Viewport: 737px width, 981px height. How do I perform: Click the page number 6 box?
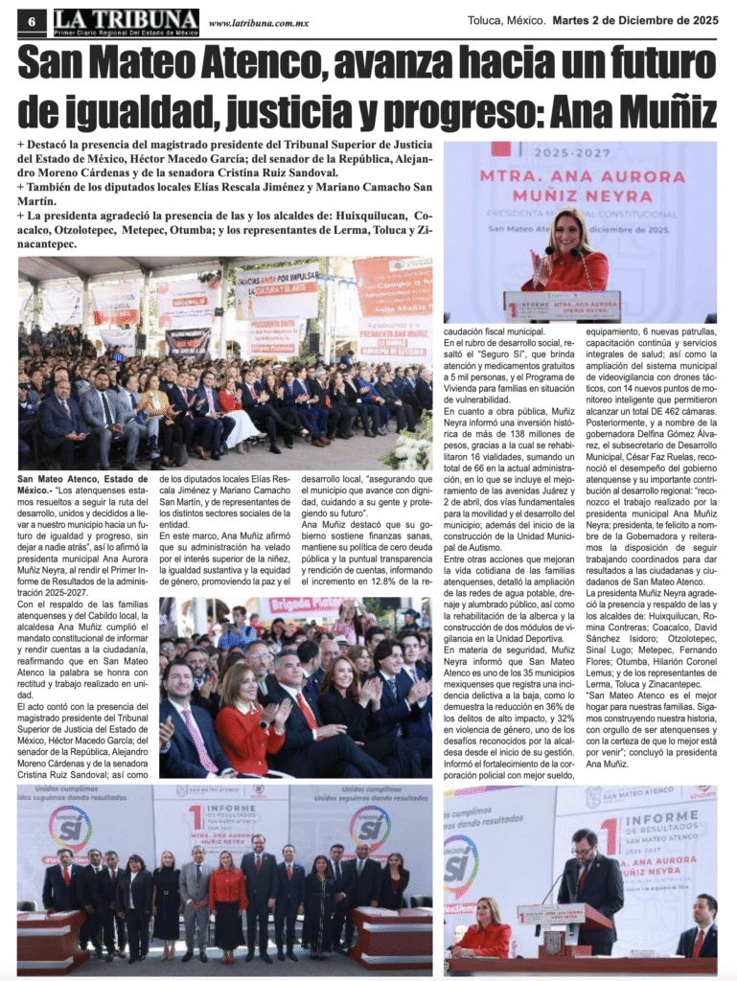point(31,21)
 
